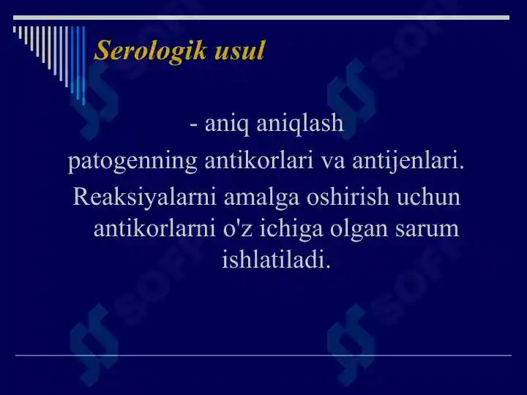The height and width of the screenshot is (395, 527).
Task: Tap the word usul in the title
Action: click(239, 50)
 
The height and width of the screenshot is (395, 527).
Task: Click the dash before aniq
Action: click(192, 125)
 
